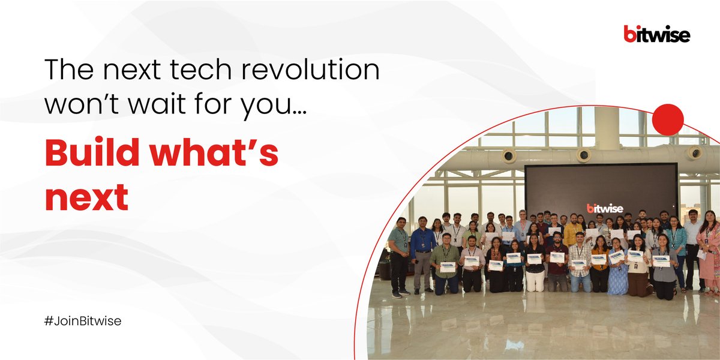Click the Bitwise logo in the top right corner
click(x=656, y=34)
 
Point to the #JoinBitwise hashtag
click(x=83, y=321)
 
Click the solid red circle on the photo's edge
click(x=667, y=119)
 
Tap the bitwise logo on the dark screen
click(x=605, y=208)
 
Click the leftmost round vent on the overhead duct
click(x=508, y=155)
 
